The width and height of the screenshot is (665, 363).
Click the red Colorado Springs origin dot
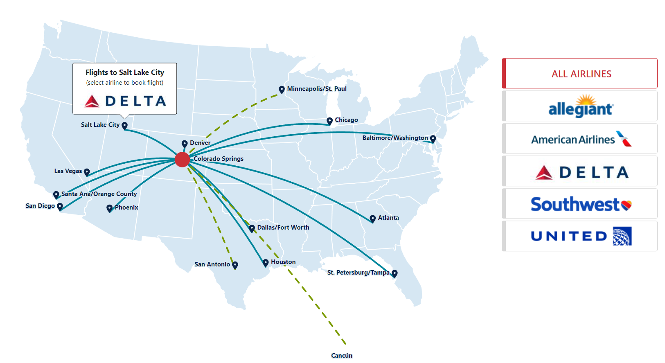pyautogui.click(x=182, y=159)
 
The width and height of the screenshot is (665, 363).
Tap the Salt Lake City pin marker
pyautogui.click(x=125, y=125)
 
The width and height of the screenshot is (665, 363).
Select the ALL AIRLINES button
pyautogui.click(x=581, y=74)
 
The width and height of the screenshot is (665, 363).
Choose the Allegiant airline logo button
pyautogui.click(x=581, y=106)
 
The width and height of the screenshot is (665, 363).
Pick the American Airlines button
pyautogui.click(x=581, y=139)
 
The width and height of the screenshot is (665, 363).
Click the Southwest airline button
pyautogui.click(x=581, y=204)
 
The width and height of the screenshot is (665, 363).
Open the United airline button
pyautogui.click(x=581, y=236)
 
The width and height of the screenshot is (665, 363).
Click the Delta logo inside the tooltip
pyautogui.click(x=125, y=101)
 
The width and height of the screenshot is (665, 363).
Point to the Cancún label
pyautogui.click(x=342, y=356)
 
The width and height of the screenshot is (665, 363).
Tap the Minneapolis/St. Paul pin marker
pyautogui.click(x=282, y=89)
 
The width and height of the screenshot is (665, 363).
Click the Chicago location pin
pyautogui.click(x=329, y=121)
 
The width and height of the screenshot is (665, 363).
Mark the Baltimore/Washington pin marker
pyautogui.click(x=433, y=138)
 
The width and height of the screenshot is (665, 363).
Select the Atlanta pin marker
pyautogui.click(x=372, y=219)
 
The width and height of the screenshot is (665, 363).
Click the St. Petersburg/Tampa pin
pyautogui.click(x=394, y=273)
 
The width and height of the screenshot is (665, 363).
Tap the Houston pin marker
pyautogui.click(x=266, y=262)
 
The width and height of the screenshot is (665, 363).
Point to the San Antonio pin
pyautogui.click(x=235, y=265)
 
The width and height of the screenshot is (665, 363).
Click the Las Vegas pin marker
pyautogui.click(x=87, y=172)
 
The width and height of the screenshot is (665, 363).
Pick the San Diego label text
pyautogui.click(x=40, y=206)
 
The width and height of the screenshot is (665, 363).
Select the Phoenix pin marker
pyautogui.click(x=109, y=208)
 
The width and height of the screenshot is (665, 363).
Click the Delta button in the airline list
pyautogui.click(x=581, y=171)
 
